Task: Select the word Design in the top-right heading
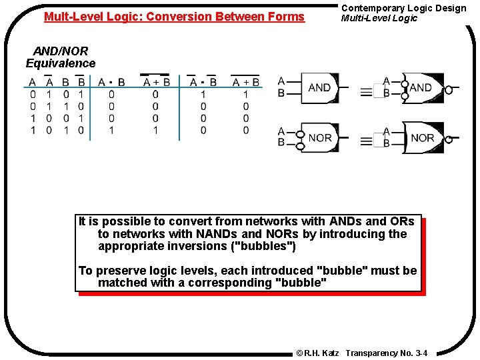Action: pos(451,8)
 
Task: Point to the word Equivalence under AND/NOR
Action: pos(61,63)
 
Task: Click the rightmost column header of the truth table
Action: pos(246,82)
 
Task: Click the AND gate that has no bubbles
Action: pos(319,87)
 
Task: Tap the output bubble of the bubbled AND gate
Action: pos(449,90)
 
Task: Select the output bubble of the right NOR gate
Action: pos(449,139)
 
